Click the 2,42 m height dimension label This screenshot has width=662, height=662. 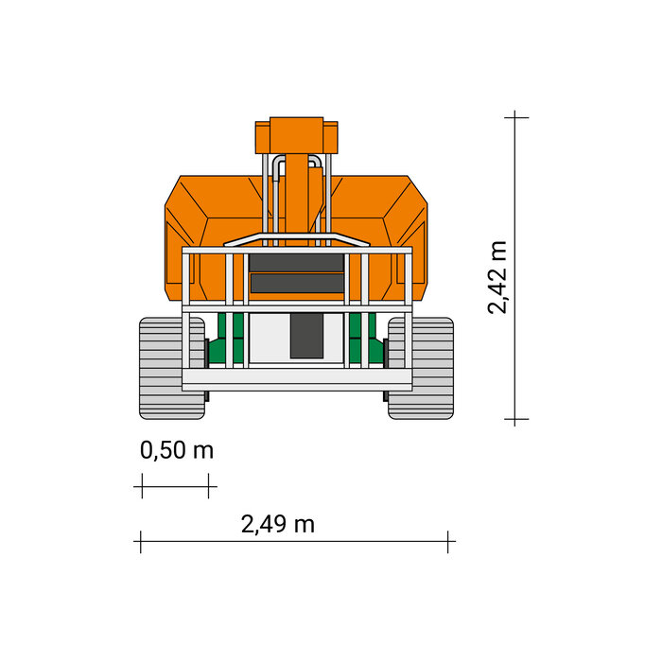pos(496,277)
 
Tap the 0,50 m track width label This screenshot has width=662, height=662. pos(177,449)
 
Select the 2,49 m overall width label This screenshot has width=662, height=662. pos(278,524)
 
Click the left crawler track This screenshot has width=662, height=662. pos(172,368)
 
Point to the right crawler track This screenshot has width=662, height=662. pos(421,368)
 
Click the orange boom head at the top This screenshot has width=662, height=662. pos(296,135)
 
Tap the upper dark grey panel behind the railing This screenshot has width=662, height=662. pos(296,263)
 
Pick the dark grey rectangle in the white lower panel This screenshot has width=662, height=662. pos(306,336)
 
